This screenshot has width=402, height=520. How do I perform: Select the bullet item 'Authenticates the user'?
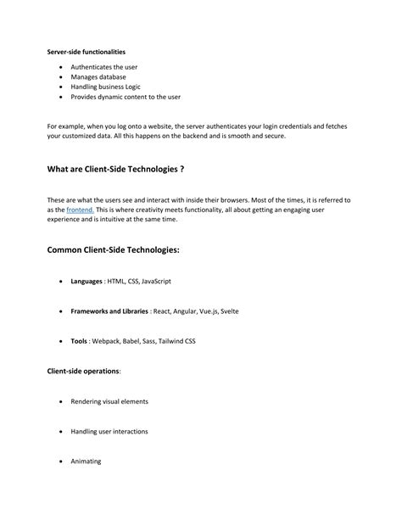[104, 67]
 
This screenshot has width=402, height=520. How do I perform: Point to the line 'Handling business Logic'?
[106, 87]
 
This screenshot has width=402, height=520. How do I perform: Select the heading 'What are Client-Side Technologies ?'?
[116, 170]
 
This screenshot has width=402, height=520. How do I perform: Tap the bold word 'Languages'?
[87, 281]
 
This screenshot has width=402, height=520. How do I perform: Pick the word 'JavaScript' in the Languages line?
[156, 281]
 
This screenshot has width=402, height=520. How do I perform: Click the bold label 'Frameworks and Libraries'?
[109, 311]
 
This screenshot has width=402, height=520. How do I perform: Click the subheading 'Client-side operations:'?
[84, 371]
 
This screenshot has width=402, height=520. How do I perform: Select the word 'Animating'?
[87, 461]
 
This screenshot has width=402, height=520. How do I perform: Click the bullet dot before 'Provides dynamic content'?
[61, 98]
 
